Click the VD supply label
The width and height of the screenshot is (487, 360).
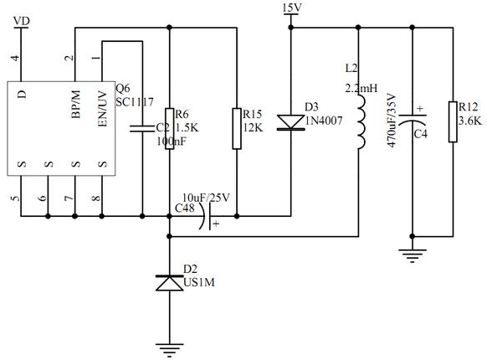(x=22, y=21)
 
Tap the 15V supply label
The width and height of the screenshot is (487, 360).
(x=292, y=8)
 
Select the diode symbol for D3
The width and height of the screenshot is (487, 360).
(x=290, y=122)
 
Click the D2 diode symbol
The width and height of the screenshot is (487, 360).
(x=169, y=283)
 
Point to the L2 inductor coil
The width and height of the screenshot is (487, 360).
(x=361, y=122)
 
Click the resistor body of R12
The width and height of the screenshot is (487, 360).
(x=453, y=121)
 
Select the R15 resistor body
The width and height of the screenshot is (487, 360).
(x=237, y=129)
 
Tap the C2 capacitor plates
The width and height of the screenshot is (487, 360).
(x=142, y=129)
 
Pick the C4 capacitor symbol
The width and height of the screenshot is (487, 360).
(x=413, y=119)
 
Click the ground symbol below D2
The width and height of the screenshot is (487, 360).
(x=169, y=350)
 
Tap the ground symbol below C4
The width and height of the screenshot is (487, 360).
(x=413, y=255)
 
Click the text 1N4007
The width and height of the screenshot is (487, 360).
(x=324, y=121)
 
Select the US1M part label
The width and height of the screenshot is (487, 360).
(x=199, y=282)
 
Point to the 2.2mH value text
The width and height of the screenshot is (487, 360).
(x=361, y=88)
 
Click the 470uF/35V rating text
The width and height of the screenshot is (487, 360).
(x=392, y=120)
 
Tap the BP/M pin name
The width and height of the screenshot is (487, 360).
(x=75, y=104)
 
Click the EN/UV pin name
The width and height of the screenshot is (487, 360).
(x=102, y=109)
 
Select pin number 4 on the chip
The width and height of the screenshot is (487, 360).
(x=15, y=58)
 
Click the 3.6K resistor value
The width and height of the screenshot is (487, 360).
(x=470, y=121)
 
